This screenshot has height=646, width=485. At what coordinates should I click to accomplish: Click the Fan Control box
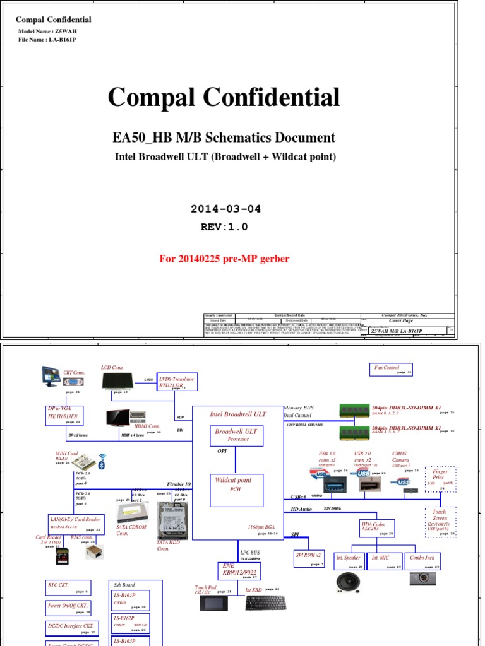(392, 370)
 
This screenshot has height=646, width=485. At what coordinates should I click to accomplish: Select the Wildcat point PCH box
(237, 490)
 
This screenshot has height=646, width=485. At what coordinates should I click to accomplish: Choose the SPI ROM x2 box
(309, 558)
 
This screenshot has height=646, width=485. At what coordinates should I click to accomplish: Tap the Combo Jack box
(422, 561)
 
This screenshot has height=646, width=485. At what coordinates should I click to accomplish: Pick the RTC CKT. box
(68, 588)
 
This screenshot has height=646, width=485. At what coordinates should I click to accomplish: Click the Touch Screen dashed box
(440, 522)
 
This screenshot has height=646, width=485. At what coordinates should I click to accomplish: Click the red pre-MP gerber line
(225, 259)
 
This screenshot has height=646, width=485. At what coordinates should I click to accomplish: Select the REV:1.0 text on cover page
(225, 227)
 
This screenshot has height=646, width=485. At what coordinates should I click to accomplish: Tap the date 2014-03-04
(225, 209)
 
